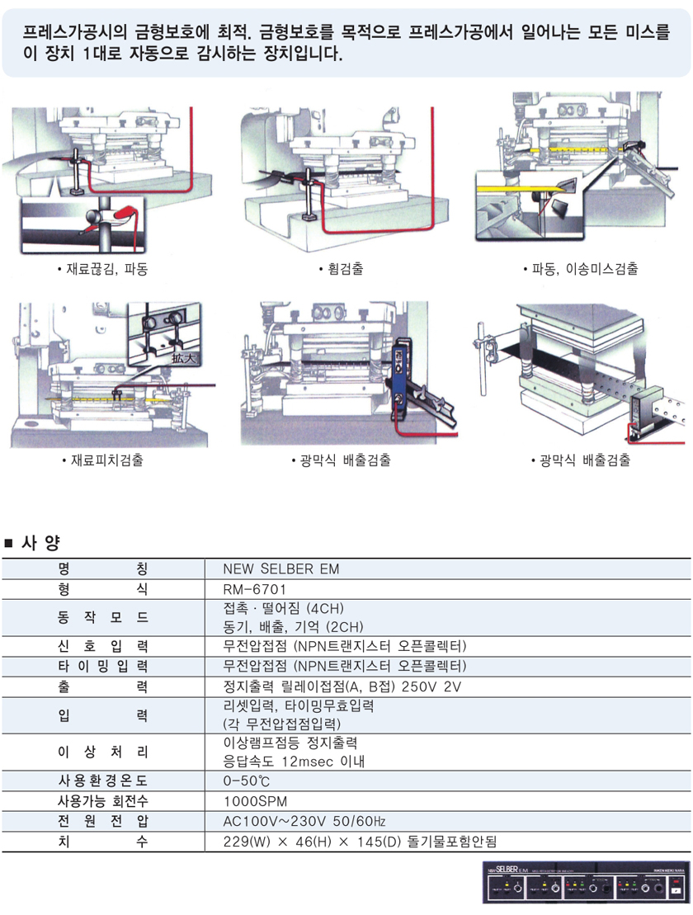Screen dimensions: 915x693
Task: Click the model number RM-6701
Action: coord(254,589)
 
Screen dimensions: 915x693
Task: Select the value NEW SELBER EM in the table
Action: coord(280,569)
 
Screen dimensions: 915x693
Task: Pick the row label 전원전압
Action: coord(102,821)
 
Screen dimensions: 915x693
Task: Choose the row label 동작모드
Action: coord(102,617)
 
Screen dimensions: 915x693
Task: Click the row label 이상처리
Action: coord(102,750)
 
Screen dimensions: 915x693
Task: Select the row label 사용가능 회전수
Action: coord(102,800)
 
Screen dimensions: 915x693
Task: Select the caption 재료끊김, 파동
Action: coord(102,269)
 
